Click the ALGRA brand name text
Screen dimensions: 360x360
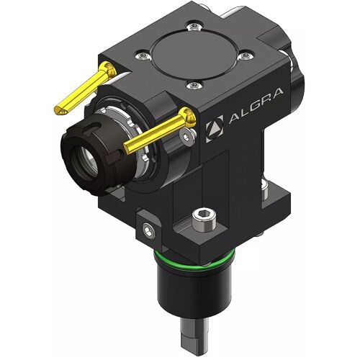click(x=256, y=106)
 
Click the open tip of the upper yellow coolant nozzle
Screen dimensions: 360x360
click(x=60, y=110)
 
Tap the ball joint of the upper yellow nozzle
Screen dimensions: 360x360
click(x=109, y=68)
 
